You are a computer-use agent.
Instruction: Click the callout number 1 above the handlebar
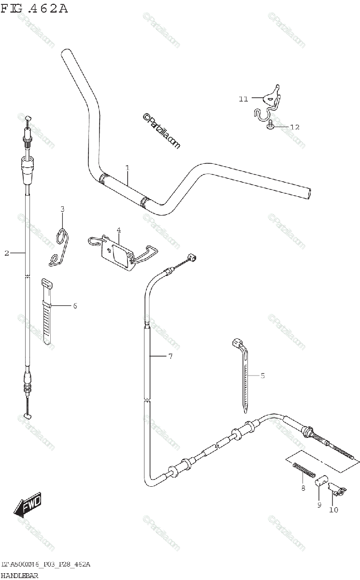tap(128, 168)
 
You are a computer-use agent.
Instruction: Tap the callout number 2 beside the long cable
tap(7, 253)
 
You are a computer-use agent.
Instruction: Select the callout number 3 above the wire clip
tap(62, 209)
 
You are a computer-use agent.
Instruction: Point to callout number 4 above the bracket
tap(118, 230)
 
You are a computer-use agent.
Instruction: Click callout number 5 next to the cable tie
tap(263, 376)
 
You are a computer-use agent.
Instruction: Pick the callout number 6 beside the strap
tap(75, 306)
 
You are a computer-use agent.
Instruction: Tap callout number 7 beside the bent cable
tap(170, 356)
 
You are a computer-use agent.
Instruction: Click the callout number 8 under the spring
tap(303, 488)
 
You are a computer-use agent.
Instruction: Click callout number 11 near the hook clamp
tap(243, 99)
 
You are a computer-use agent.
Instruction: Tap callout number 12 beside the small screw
tap(295, 127)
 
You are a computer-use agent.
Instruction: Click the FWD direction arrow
tap(28, 503)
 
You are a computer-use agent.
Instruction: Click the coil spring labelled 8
tap(304, 470)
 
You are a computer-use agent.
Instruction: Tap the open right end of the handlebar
tap(309, 194)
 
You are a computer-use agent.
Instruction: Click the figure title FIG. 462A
tap(34, 9)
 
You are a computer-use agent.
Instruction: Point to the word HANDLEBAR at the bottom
tap(19, 576)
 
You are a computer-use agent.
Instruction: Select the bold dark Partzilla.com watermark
tap(161, 131)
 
